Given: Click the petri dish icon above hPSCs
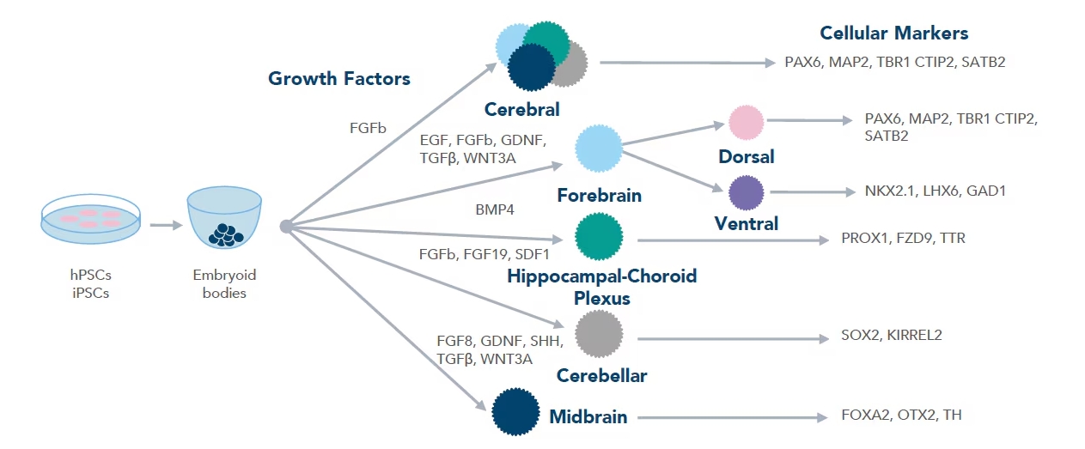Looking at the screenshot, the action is pos(90,220).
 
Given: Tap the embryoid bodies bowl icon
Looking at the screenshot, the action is pos(224,218).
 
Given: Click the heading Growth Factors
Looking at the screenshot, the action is pos(339,78).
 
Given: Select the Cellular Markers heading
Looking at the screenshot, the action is pos(893,33).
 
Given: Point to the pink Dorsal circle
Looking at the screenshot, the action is pos(747,123).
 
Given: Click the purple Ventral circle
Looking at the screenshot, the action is pos(747,192).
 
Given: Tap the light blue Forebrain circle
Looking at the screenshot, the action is pos(599,149).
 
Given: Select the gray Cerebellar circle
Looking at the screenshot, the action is pos(599,334).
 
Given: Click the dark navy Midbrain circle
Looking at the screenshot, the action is pos(515,412).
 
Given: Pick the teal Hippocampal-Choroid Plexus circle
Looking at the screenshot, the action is pos(599,237).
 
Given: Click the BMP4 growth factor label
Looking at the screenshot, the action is pos(495,209).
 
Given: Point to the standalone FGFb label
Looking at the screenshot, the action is pos(369,128).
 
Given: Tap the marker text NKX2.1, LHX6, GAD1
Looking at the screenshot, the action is pos(936,191).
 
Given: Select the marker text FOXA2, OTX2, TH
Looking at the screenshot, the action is pos(901,415).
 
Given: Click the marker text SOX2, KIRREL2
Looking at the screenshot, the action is pos(892,335).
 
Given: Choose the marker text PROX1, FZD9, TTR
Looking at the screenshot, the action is pos(904,238).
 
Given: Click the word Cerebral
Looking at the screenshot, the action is pos(522,109).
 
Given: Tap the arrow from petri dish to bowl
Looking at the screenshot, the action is pos(166,225).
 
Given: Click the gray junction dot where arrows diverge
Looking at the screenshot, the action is pos(286,227).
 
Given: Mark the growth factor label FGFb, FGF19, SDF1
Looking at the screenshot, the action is pos(485,254).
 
